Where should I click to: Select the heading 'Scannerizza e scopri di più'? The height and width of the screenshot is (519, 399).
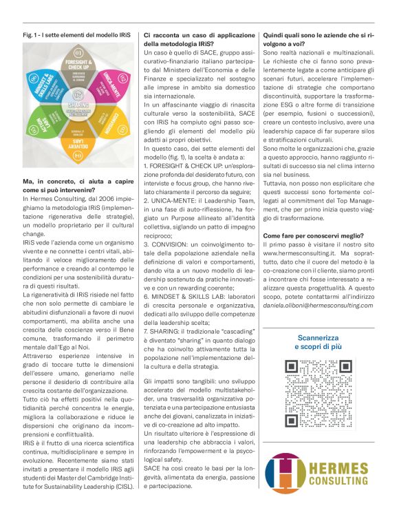click(318, 342)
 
